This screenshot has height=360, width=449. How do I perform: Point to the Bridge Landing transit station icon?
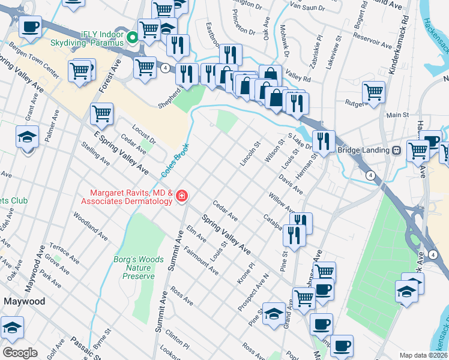(396, 150)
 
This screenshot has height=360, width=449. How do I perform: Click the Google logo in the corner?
(20, 353)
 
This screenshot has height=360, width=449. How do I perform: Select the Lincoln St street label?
(250, 154)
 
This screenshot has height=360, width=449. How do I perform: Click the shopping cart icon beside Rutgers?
(373, 92)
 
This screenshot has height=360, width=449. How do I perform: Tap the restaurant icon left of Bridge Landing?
(324, 141)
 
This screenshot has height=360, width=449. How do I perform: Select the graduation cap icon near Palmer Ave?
(28, 136)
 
